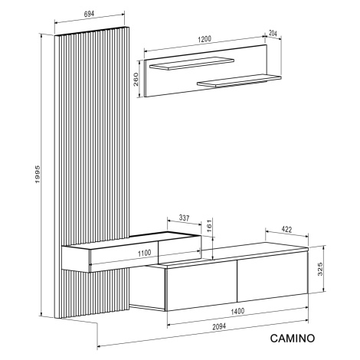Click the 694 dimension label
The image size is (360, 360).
[89, 14]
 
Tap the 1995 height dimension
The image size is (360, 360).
[38, 174]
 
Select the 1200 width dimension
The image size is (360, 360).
[205, 39]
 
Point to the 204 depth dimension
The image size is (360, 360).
[273, 33]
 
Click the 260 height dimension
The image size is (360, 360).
[136, 79]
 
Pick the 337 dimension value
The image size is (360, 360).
[184, 218]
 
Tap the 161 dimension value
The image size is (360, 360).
[209, 226]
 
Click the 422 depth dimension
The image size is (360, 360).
[286, 230]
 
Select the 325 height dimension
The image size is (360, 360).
[320, 269]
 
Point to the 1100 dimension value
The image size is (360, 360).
[144, 254]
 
